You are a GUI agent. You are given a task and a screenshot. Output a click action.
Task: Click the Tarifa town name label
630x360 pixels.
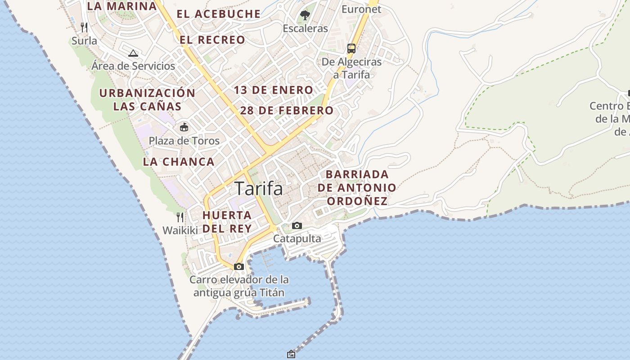point(259,189)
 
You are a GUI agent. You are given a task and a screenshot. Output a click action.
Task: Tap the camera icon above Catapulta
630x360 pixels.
point(297,225)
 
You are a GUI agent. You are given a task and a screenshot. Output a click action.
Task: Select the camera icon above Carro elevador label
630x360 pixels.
point(239,266)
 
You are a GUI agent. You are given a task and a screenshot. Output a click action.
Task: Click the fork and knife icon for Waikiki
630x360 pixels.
point(180,217)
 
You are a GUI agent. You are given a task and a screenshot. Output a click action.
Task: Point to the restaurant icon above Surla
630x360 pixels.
point(84,27)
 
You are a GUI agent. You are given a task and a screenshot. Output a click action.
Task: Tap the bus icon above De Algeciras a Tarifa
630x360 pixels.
point(351,49)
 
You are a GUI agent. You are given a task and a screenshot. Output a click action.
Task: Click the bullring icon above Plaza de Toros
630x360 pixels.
point(184,127)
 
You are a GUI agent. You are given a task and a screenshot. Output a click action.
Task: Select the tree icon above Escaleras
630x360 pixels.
point(305,15)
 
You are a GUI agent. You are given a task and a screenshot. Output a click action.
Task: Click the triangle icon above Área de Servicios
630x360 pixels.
point(133,53)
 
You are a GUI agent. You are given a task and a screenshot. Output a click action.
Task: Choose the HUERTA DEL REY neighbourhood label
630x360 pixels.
point(227,222)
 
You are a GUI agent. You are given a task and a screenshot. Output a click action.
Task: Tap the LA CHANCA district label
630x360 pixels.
point(179,162)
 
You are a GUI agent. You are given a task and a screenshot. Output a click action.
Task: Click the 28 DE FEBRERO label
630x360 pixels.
point(287,111)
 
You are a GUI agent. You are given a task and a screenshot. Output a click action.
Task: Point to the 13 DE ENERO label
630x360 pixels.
point(273,90)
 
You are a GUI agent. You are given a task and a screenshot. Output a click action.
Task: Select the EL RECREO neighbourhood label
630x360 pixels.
point(212,40)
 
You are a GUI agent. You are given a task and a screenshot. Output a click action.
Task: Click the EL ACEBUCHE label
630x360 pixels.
point(219,14)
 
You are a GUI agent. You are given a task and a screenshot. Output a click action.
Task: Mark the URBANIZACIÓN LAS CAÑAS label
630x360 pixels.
point(147,100)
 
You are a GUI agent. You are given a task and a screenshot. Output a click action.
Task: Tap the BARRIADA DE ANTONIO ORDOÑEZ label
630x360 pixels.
point(357,188)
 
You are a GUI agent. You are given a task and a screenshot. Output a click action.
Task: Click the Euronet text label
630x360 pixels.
point(361,9)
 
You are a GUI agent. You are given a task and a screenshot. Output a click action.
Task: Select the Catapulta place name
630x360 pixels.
point(297,238)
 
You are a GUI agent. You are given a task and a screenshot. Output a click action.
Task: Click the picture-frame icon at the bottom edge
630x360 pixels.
point(291,354)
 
